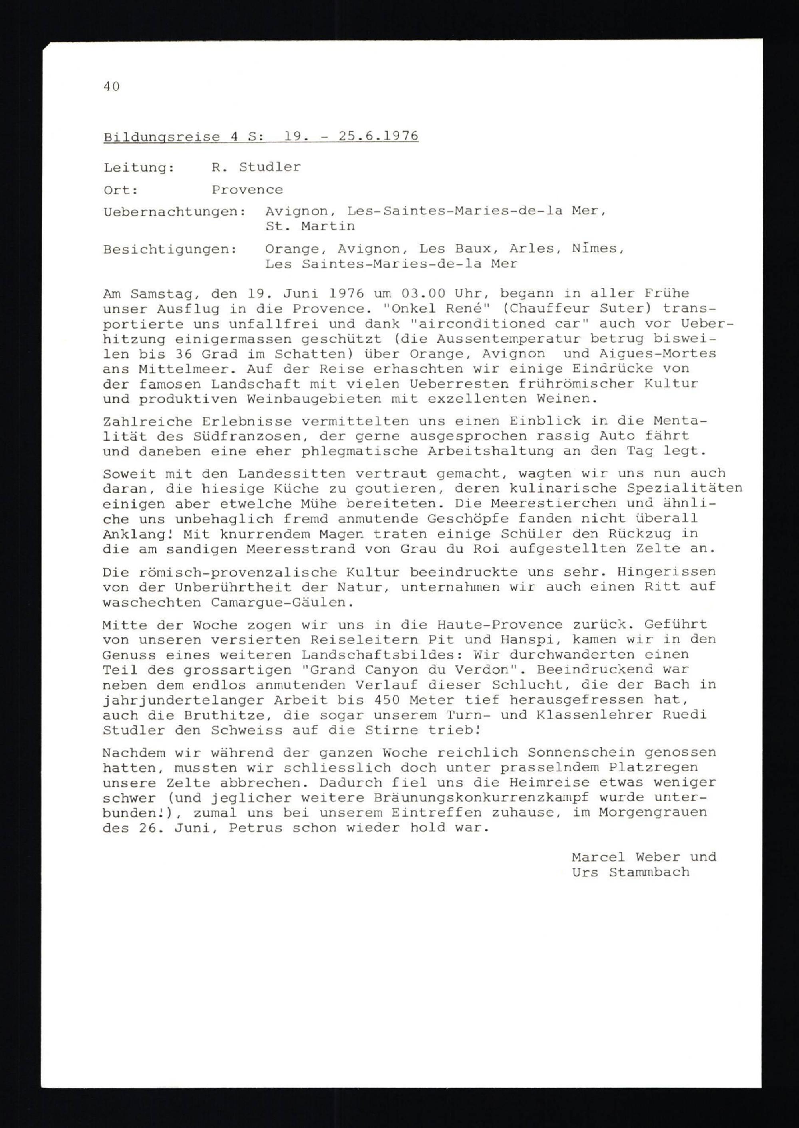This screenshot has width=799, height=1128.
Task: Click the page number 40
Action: [x=112, y=87]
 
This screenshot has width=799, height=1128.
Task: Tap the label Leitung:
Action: [x=139, y=168]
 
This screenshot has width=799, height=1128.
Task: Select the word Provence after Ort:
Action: [x=247, y=190]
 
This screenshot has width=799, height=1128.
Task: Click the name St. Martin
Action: [x=310, y=226]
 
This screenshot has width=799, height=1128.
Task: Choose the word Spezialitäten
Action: [x=684, y=489]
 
